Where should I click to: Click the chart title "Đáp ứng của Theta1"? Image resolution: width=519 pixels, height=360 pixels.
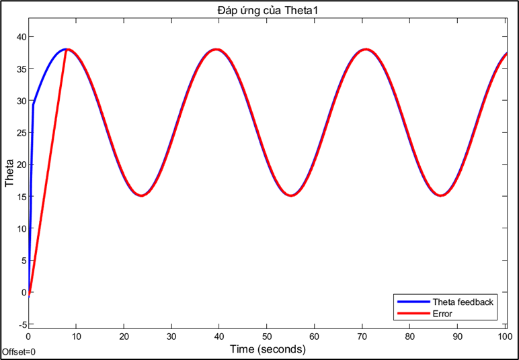[x=267, y=7]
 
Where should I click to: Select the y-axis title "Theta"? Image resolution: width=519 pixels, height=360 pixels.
[x=10, y=173]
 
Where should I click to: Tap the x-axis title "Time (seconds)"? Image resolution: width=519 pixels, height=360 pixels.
[x=268, y=349]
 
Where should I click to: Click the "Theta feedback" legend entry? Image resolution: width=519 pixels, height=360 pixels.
[x=463, y=302]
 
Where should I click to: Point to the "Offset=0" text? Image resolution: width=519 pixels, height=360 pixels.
[x=19, y=352]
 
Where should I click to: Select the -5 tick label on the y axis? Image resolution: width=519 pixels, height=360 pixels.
[x=20, y=324]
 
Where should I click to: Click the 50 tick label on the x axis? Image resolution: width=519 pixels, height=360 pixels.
[x=267, y=336]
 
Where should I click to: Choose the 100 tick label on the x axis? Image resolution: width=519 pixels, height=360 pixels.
[x=505, y=336]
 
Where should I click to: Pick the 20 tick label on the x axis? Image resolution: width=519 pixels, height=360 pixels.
[x=124, y=336]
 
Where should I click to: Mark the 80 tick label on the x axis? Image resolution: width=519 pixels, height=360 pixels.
[x=410, y=336]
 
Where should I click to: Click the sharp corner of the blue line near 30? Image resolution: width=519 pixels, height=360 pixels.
[x=33, y=104]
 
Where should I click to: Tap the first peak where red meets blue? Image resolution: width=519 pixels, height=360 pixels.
[x=66, y=49]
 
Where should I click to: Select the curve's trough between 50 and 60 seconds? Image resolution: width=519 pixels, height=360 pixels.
[x=290, y=195]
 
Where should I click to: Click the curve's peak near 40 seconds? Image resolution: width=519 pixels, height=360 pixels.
[x=216, y=49]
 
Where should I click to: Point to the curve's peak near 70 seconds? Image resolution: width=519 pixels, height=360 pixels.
[x=365, y=49]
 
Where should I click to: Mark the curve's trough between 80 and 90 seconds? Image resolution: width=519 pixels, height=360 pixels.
[x=440, y=195]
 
